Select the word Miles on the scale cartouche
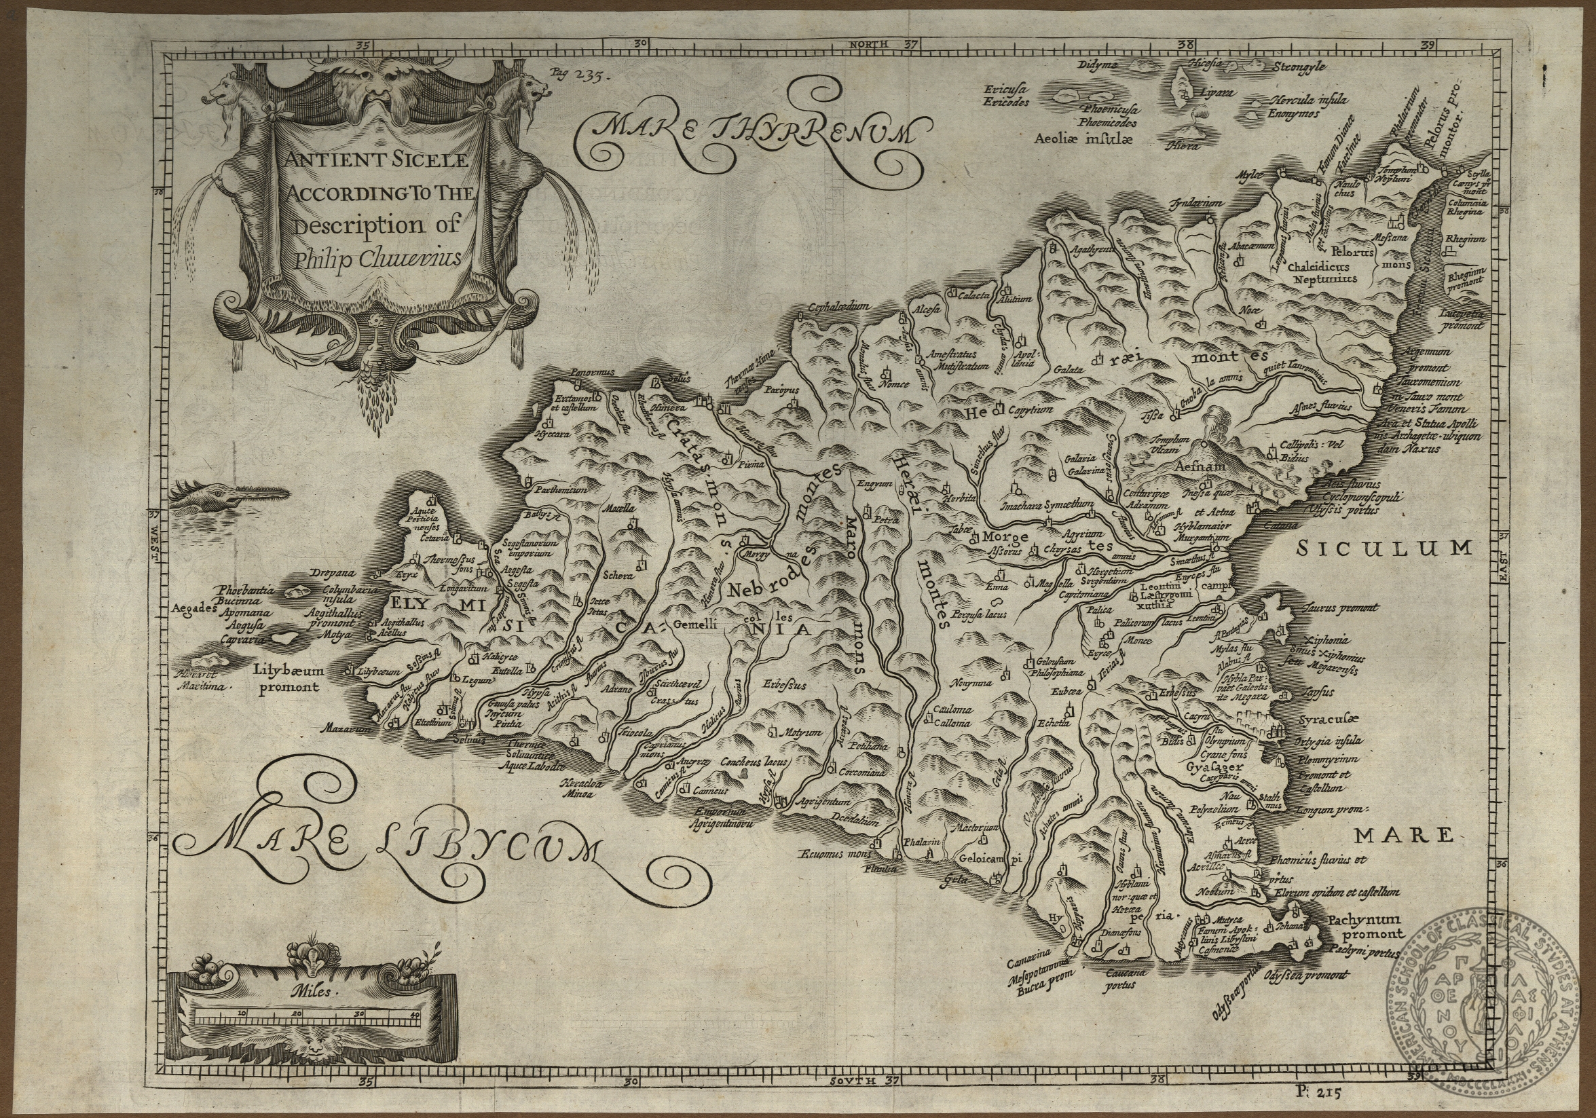tap(313, 992)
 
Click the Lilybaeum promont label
tap(288, 679)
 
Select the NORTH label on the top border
tap(868, 44)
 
